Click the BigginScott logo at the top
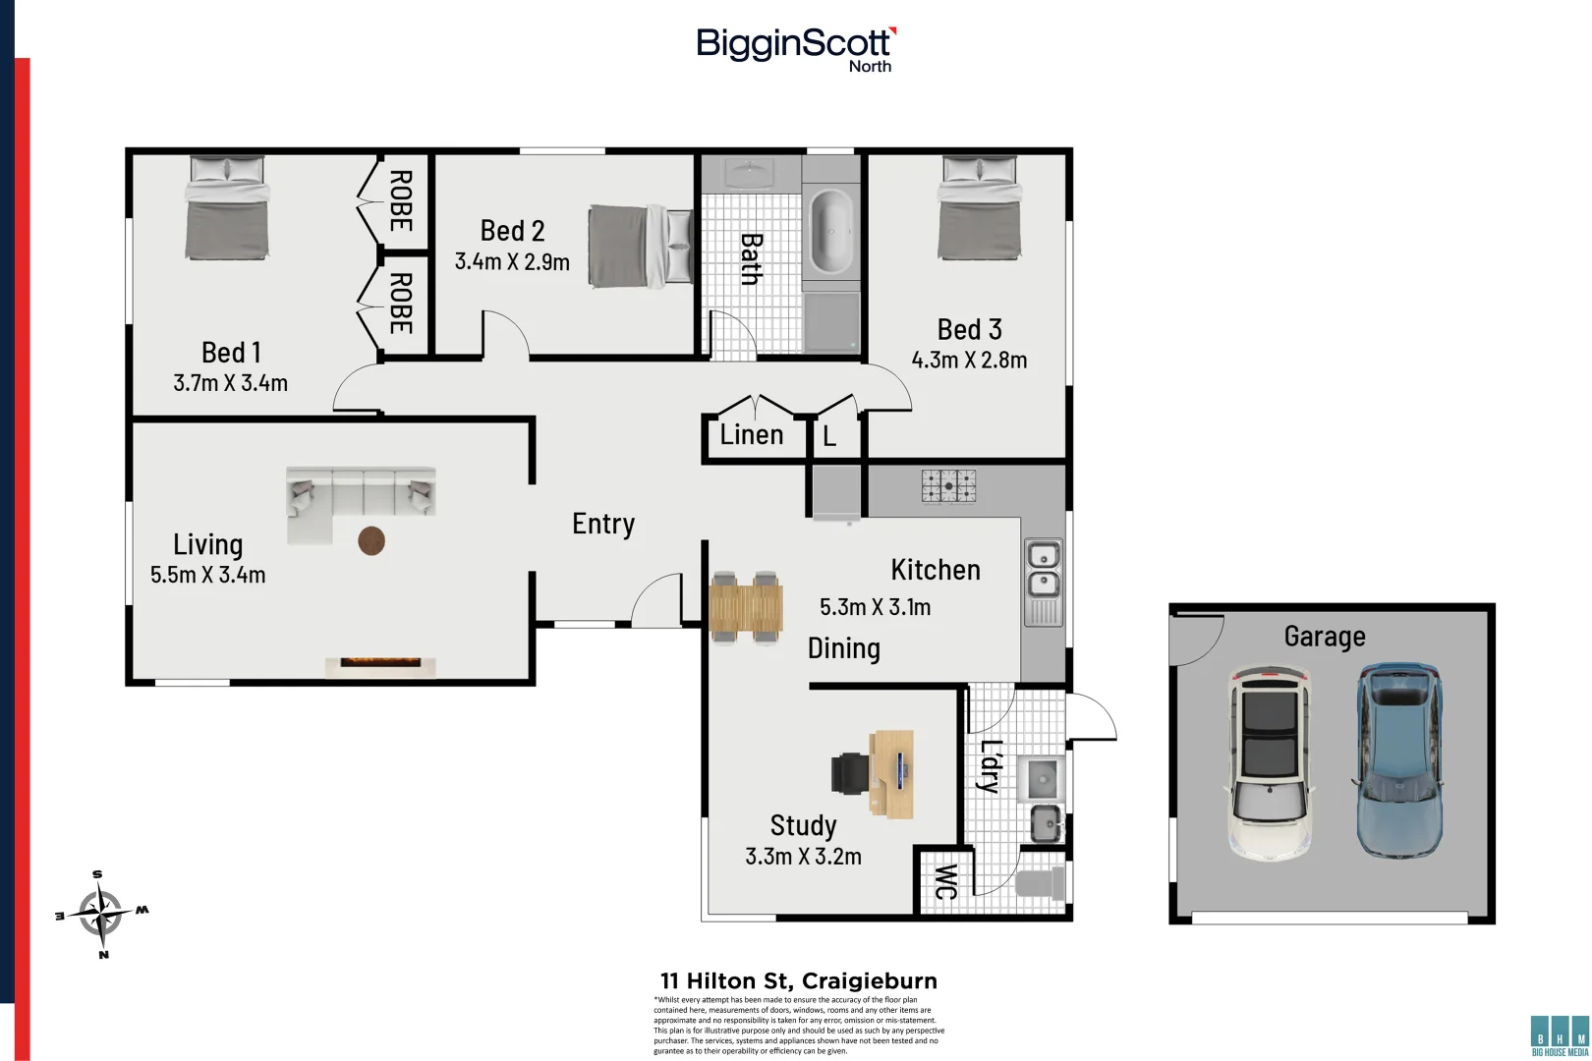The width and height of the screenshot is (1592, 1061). (x=794, y=47)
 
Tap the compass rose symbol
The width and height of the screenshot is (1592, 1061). (x=101, y=914)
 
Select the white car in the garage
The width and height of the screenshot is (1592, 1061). (x=1270, y=762)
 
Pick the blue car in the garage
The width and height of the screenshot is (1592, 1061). (x=1399, y=758)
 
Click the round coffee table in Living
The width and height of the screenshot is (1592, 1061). (x=371, y=540)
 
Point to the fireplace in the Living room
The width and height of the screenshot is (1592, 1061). (x=380, y=666)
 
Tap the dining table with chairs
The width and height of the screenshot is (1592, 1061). (x=746, y=607)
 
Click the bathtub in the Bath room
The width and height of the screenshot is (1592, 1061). (x=831, y=232)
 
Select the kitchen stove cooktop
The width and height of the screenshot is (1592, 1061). (x=948, y=485)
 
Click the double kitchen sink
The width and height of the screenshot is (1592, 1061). (x=1043, y=571)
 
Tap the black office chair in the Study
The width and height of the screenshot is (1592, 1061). (x=850, y=773)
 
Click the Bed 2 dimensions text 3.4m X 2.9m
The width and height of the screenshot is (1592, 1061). (x=512, y=262)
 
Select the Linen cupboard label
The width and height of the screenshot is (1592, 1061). (x=752, y=435)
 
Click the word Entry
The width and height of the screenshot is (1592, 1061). (x=603, y=525)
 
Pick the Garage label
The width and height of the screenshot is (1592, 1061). (x=1324, y=637)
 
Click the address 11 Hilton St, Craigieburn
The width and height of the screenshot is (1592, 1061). (x=798, y=980)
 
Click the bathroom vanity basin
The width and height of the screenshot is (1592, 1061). (x=750, y=174)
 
